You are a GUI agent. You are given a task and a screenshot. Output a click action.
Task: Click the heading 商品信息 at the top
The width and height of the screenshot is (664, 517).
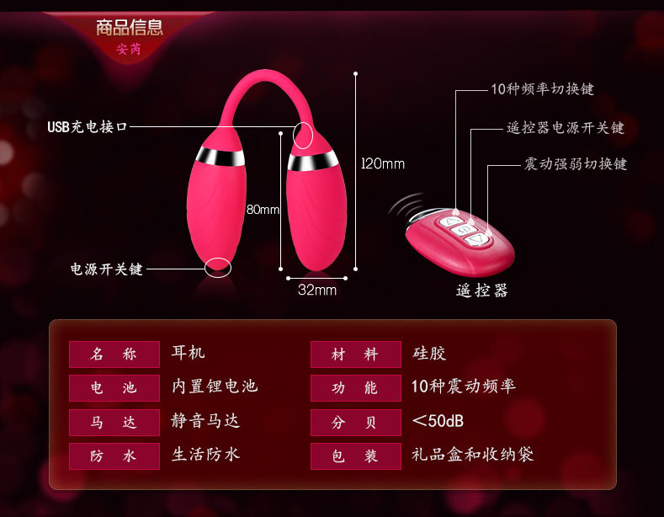[x=130, y=27]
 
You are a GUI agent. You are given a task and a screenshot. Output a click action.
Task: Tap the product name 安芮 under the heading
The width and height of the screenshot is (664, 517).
[x=129, y=50]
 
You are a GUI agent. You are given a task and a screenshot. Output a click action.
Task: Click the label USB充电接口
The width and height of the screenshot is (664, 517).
[x=88, y=127]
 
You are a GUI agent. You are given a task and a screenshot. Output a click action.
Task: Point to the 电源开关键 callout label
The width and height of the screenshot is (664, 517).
[x=107, y=269]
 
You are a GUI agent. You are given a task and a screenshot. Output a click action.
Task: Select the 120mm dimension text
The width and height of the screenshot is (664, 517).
[x=383, y=163]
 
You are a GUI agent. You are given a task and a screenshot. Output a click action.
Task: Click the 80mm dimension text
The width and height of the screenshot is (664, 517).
[x=262, y=210]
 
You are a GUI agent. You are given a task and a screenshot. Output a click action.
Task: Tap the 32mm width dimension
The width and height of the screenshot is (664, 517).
[x=317, y=290]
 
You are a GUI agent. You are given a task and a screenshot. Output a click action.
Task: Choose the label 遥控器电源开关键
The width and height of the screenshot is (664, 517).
[x=566, y=128]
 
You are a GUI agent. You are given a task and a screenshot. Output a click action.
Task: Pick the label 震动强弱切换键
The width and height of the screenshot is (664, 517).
[x=576, y=163]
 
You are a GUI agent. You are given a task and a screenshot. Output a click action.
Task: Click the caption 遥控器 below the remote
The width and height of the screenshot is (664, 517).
[x=482, y=290]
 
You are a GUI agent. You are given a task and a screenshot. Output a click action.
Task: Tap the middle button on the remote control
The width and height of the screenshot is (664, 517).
[x=464, y=228]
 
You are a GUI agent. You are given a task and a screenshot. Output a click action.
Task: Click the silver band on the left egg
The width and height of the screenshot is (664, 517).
[x=221, y=157]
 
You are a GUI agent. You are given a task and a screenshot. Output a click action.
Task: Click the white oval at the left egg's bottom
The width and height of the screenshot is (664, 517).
[x=218, y=267]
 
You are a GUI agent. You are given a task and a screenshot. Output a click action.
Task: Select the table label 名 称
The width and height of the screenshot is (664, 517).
[x=114, y=354]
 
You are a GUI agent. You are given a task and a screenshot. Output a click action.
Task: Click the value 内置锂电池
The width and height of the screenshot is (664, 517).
[x=215, y=386]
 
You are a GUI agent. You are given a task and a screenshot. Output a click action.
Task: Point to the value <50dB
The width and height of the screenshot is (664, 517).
[x=438, y=420]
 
